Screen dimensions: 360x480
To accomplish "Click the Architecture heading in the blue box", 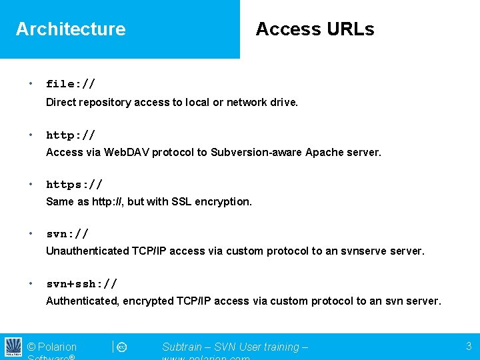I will coord(71,29).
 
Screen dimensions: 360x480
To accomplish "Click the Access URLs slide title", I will coord(315,29).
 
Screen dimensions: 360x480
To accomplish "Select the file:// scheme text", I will coord(71,84).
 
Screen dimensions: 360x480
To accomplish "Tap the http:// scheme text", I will coord(71,135).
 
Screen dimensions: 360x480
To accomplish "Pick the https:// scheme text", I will coord(74,184).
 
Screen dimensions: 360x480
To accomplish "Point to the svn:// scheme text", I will coord(67,234).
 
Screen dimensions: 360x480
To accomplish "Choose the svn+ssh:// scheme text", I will coord(82,283).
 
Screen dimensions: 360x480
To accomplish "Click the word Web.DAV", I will coord(125,152).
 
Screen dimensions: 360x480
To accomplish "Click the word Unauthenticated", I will coord(87,251).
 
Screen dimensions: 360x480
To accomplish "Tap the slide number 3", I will coord(469,346).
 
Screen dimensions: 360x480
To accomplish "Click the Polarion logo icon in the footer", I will coord(13,347).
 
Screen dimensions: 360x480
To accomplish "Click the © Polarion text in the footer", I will coord(52,347).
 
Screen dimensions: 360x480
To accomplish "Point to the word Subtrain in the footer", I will coord(184,347).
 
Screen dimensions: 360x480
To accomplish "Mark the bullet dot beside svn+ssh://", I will coord(31,283).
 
